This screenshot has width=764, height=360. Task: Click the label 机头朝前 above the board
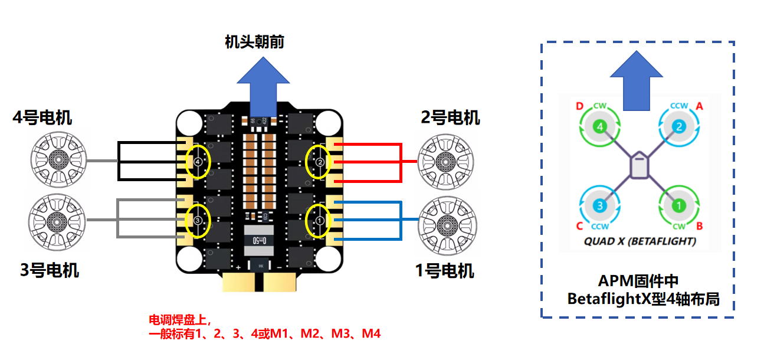coord(254,42)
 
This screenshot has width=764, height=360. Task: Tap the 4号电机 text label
coord(42,117)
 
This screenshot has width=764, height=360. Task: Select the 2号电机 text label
coord(450,117)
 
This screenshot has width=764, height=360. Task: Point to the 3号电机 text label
coord(50,270)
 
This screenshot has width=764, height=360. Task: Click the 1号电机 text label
coord(444,271)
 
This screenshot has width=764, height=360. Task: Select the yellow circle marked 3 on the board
coord(198,221)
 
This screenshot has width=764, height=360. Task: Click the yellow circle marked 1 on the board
coord(320,221)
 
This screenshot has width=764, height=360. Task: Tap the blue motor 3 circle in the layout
coord(599,206)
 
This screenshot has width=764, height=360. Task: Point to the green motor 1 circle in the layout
coord(678,206)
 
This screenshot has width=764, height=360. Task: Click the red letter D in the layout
coord(579,106)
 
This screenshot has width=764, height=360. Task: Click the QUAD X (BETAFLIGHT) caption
coord(640,241)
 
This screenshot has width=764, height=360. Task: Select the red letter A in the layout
coord(700,106)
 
